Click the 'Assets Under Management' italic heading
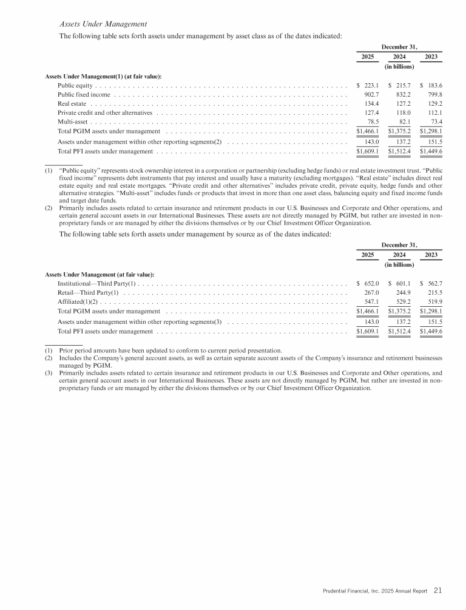point(103,24)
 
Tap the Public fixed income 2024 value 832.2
point(402,95)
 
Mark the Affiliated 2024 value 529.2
point(402,302)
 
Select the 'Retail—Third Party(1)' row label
point(87,293)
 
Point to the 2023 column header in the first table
point(431,57)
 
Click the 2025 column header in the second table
point(367,255)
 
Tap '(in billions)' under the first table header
point(399,66)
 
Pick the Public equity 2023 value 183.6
point(431,86)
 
